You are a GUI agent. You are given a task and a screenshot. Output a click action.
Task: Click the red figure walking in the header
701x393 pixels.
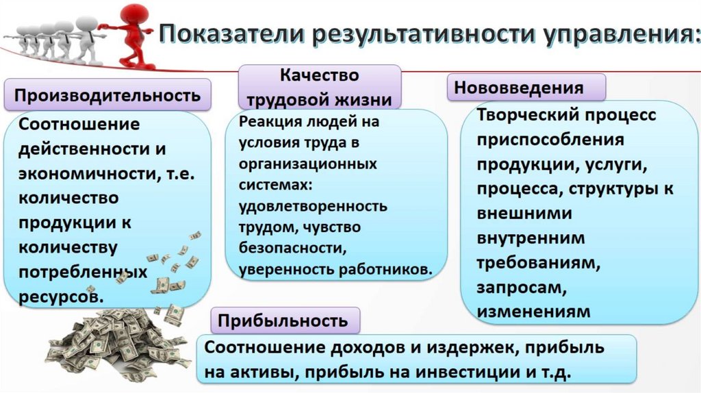pyautogui.click(x=132, y=34)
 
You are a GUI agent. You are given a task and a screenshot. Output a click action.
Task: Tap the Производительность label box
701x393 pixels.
pyautogui.click(x=107, y=94)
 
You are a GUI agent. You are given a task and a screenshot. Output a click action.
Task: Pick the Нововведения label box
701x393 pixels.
pyautogui.click(x=526, y=88)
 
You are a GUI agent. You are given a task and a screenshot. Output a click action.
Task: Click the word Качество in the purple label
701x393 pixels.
pyautogui.click(x=319, y=75)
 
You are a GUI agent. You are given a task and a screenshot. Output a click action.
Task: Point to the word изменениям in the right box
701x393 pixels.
pyautogui.click(x=533, y=312)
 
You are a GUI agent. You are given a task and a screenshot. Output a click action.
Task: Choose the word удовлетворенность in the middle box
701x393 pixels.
pyautogui.click(x=313, y=205)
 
